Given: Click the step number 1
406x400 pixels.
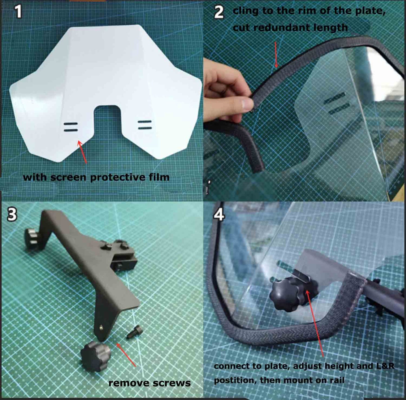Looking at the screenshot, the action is pyautogui.click(x=19, y=12).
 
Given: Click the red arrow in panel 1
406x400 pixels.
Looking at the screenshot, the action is pyautogui.click(x=83, y=152).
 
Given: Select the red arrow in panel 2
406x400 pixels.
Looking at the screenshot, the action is pyautogui.click(x=276, y=55).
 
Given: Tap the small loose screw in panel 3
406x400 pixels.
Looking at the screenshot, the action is pyautogui.click(x=134, y=333).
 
